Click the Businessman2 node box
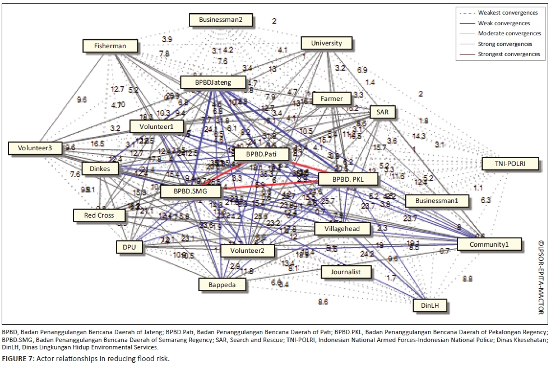pyautogui.click(x=220, y=20)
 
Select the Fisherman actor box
pyautogui.click(x=110, y=46)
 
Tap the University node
pyautogui.click(x=326, y=43)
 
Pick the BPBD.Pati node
pyautogui.click(x=261, y=154)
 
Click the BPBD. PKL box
pyautogui.click(x=348, y=179)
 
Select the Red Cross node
pyautogui.click(x=99, y=215)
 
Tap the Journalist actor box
pyautogui.click(x=347, y=273)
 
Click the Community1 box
pyautogui.click(x=489, y=245)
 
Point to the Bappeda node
pyautogui.click(x=223, y=284)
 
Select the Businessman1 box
pyautogui.click(x=437, y=200)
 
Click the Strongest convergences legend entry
pyautogui.click(x=508, y=54)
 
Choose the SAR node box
pyautogui.click(x=382, y=112)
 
